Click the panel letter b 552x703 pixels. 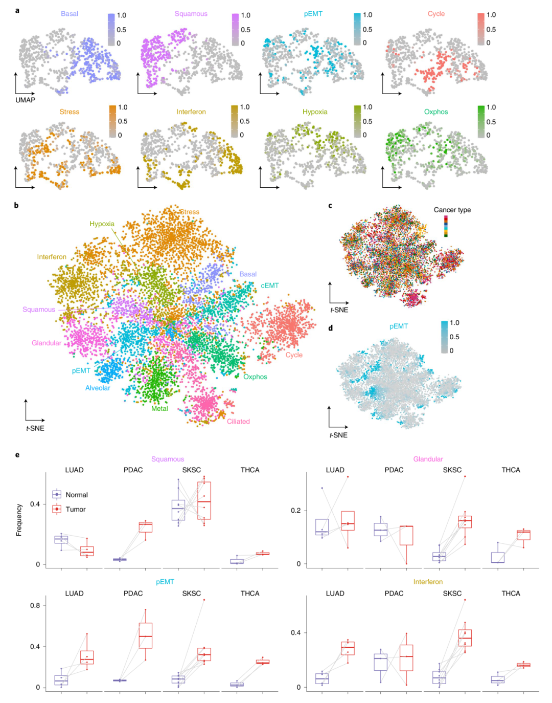[16, 205]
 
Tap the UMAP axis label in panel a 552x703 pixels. [25, 100]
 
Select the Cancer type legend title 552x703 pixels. [452, 210]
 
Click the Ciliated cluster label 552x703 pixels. [238, 422]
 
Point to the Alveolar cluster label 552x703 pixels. [98, 388]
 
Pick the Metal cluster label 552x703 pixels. [159, 408]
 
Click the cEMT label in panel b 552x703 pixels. [270, 285]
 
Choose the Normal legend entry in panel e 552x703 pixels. [76, 495]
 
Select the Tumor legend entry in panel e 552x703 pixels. [75, 509]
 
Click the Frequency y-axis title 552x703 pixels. [19, 520]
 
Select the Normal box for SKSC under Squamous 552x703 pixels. [178, 510]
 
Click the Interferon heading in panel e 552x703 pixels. [428, 582]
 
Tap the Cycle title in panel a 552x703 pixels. [436, 14]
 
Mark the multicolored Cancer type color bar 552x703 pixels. [446, 226]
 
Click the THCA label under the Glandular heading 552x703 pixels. [511, 470]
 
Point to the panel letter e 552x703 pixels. [17, 454]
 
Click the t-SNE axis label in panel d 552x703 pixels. [338, 435]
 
